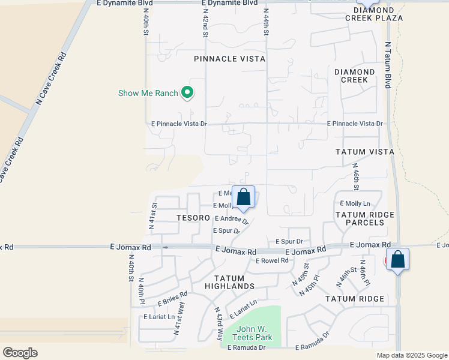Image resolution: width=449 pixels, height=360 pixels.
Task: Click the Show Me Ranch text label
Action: pyautogui.click(x=148, y=93)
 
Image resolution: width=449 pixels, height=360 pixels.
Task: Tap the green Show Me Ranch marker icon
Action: pyautogui.click(x=187, y=92)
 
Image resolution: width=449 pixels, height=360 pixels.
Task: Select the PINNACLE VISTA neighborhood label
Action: pyautogui.click(x=230, y=59)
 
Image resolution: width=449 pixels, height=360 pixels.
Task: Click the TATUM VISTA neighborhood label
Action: pyautogui.click(x=364, y=152)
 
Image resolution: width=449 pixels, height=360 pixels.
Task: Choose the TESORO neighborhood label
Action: pyautogui.click(x=193, y=217)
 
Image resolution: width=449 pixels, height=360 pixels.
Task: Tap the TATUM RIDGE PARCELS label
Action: pyautogui.click(x=364, y=218)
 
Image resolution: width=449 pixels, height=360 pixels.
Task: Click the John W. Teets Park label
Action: pyautogui.click(x=254, y=333)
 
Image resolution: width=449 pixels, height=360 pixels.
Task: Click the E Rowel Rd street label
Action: pyautogui.click(x=272, y=260)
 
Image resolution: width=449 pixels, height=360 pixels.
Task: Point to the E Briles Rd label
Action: pyautogui.click(x=173, y=298)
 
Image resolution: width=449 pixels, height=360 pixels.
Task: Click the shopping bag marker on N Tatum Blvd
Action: pyautogui.click(x=397, y=260)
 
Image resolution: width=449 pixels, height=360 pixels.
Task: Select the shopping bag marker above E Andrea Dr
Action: pyautogui.click(x=243, y=197)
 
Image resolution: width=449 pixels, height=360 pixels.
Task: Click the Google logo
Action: pyautogui.click(x=20, y=353)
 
